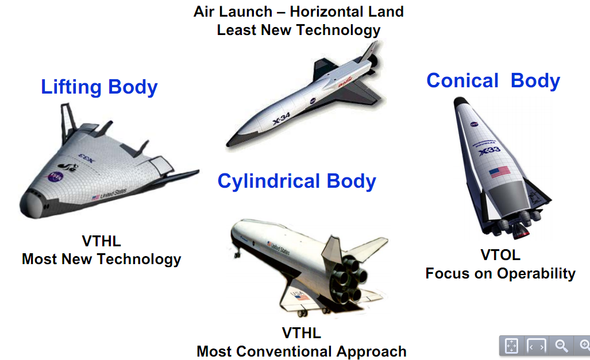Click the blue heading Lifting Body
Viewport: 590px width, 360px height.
click(x=99, y=87)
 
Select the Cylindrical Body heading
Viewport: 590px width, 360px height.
click(x=296, y=181)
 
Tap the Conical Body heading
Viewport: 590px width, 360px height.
click(x=493, y=80)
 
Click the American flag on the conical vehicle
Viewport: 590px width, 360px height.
click(x=499, y=171)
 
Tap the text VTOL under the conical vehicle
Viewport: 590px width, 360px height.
click(x=500, y=255)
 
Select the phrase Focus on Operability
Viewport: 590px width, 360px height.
click(x=500, y=273)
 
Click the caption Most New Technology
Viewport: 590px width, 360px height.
click(x=101, y=259)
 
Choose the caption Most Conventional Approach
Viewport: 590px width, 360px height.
click(x=302, y=351)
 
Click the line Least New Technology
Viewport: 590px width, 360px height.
click(x=299, y=30)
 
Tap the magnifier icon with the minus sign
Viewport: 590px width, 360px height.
click(x=561, y=346)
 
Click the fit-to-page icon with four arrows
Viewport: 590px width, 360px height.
click(x=511, y=346)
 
